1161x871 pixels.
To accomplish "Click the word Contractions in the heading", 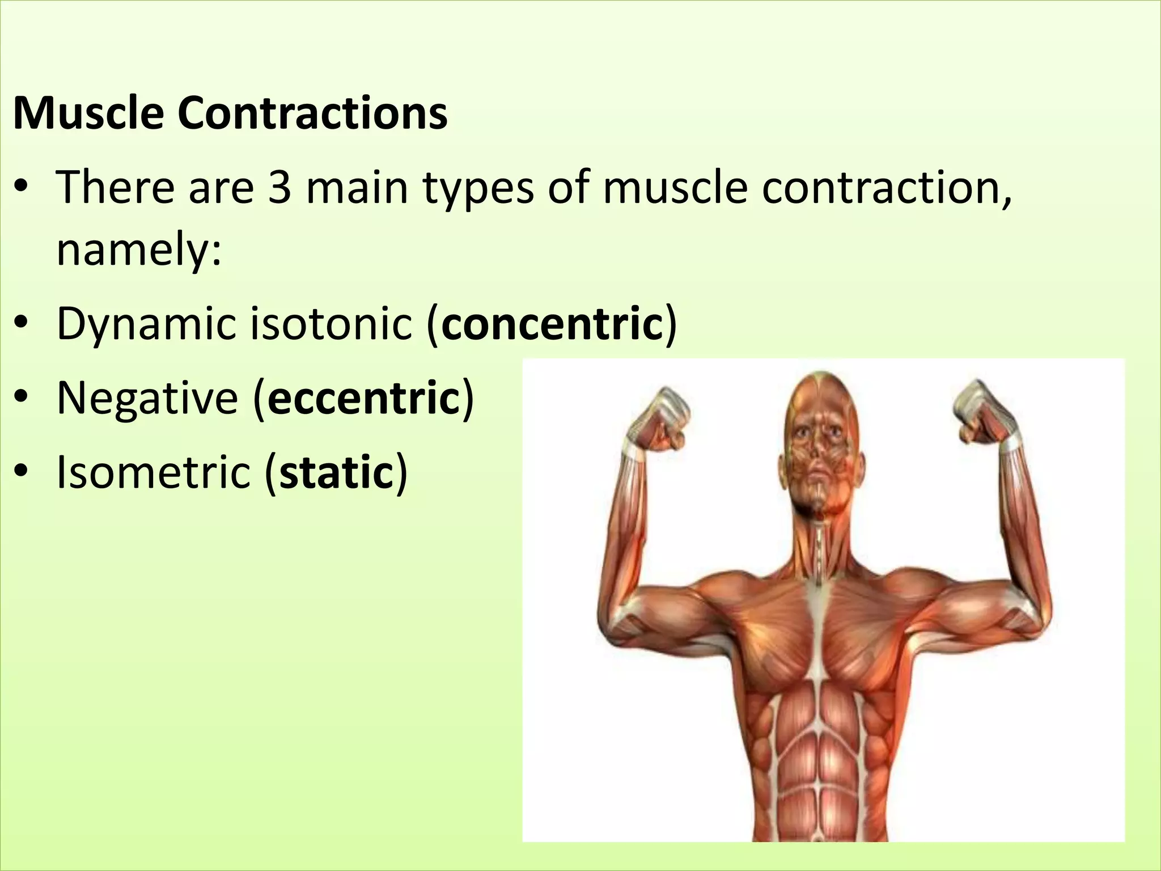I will [312, 113].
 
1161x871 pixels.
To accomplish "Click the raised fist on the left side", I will [658, 420].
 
